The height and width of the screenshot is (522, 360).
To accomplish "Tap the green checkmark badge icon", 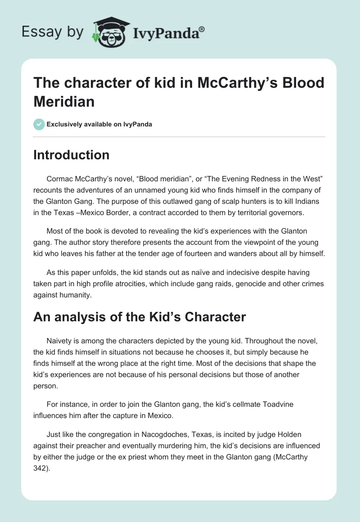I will point(39,124).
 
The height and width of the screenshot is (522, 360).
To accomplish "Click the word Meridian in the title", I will point(64,101).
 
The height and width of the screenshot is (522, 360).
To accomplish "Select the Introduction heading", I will point(72,155).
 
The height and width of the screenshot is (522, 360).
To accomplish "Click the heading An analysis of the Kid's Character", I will point(139,317).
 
